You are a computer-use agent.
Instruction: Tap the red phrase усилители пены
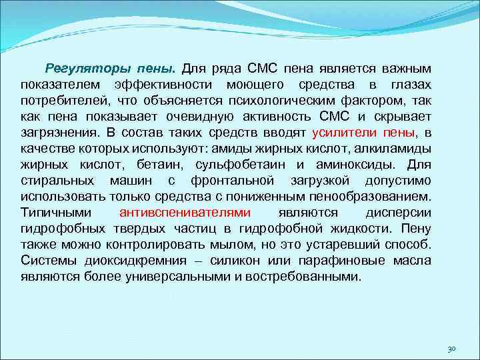click(361, 133)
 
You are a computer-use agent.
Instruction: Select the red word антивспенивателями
click(185, 213)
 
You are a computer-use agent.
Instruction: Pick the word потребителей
click(61, 101)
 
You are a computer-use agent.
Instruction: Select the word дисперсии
click(398, 213)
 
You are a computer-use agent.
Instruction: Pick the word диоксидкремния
click(119, 261)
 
